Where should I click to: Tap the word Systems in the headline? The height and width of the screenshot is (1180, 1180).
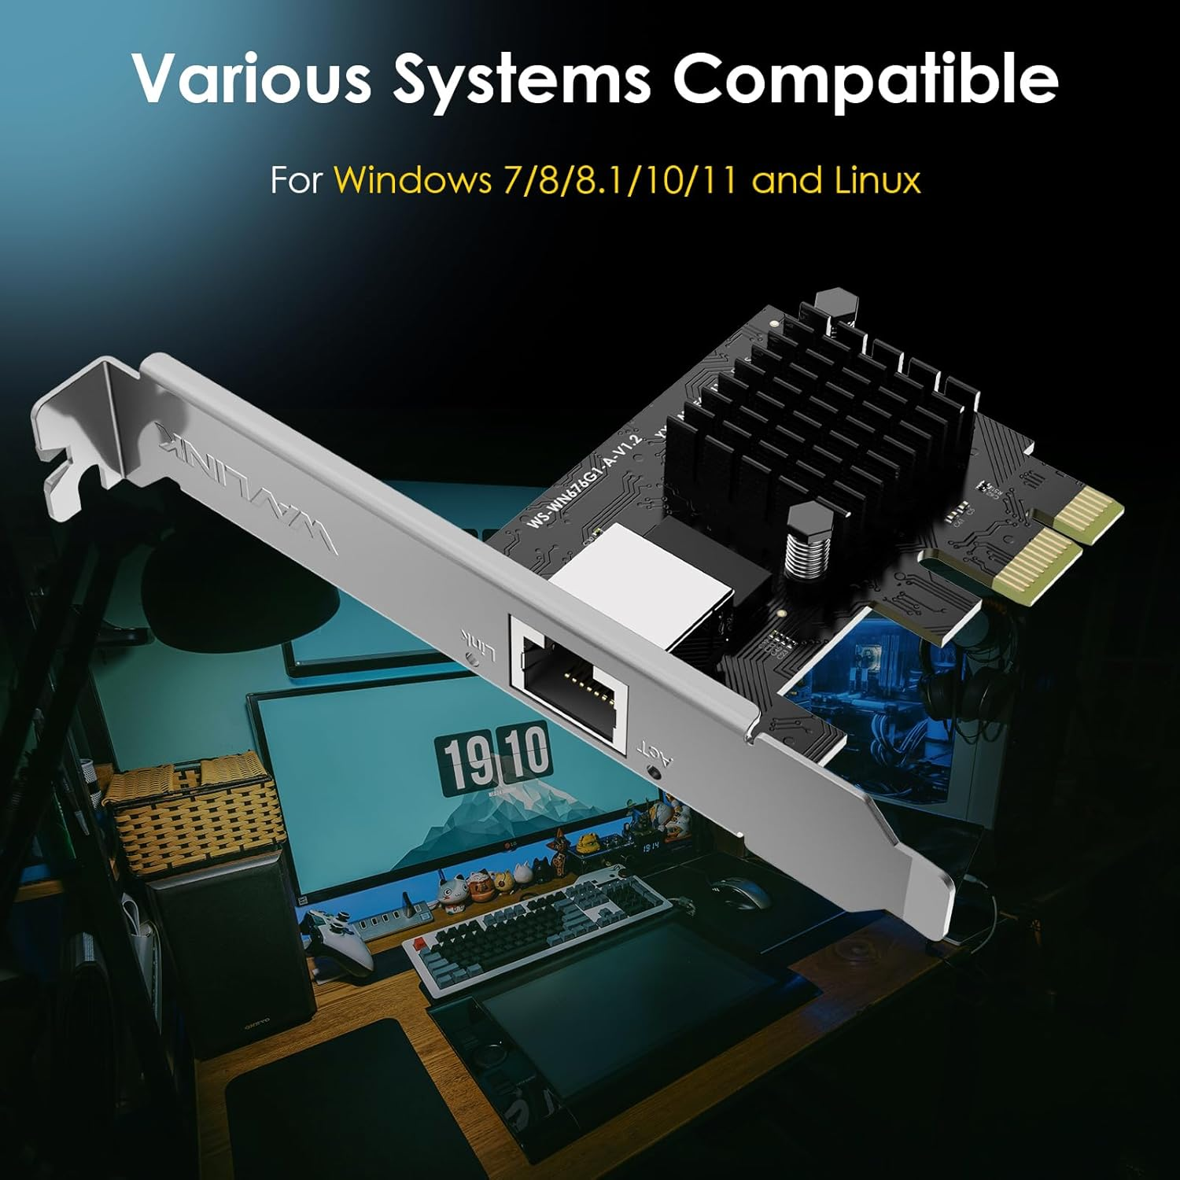pos(522,79)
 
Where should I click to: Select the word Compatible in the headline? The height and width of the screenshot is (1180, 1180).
pos(865,79)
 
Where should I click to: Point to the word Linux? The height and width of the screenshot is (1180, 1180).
pos(876,181)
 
